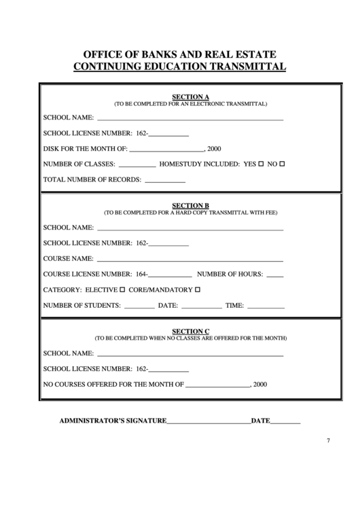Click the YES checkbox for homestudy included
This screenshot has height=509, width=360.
point(261,164)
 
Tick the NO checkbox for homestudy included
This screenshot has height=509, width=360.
point(282,164)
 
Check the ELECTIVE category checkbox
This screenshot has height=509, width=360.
point(122,290)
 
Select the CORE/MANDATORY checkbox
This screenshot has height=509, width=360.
point(198,290)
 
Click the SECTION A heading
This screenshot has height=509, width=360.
point(190,96)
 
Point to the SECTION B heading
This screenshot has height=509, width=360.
point(190,205)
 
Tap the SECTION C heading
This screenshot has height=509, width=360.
point(190,331)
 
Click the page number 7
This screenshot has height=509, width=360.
point(328,440)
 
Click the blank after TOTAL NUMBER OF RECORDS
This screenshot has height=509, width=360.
point(165,181)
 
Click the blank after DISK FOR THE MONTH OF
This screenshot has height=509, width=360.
point(166,150)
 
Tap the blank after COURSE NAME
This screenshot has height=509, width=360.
point(190,260)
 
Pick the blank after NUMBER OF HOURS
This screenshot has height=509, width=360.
point(275,275)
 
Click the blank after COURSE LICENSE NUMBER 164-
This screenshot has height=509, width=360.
point(170,275)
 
